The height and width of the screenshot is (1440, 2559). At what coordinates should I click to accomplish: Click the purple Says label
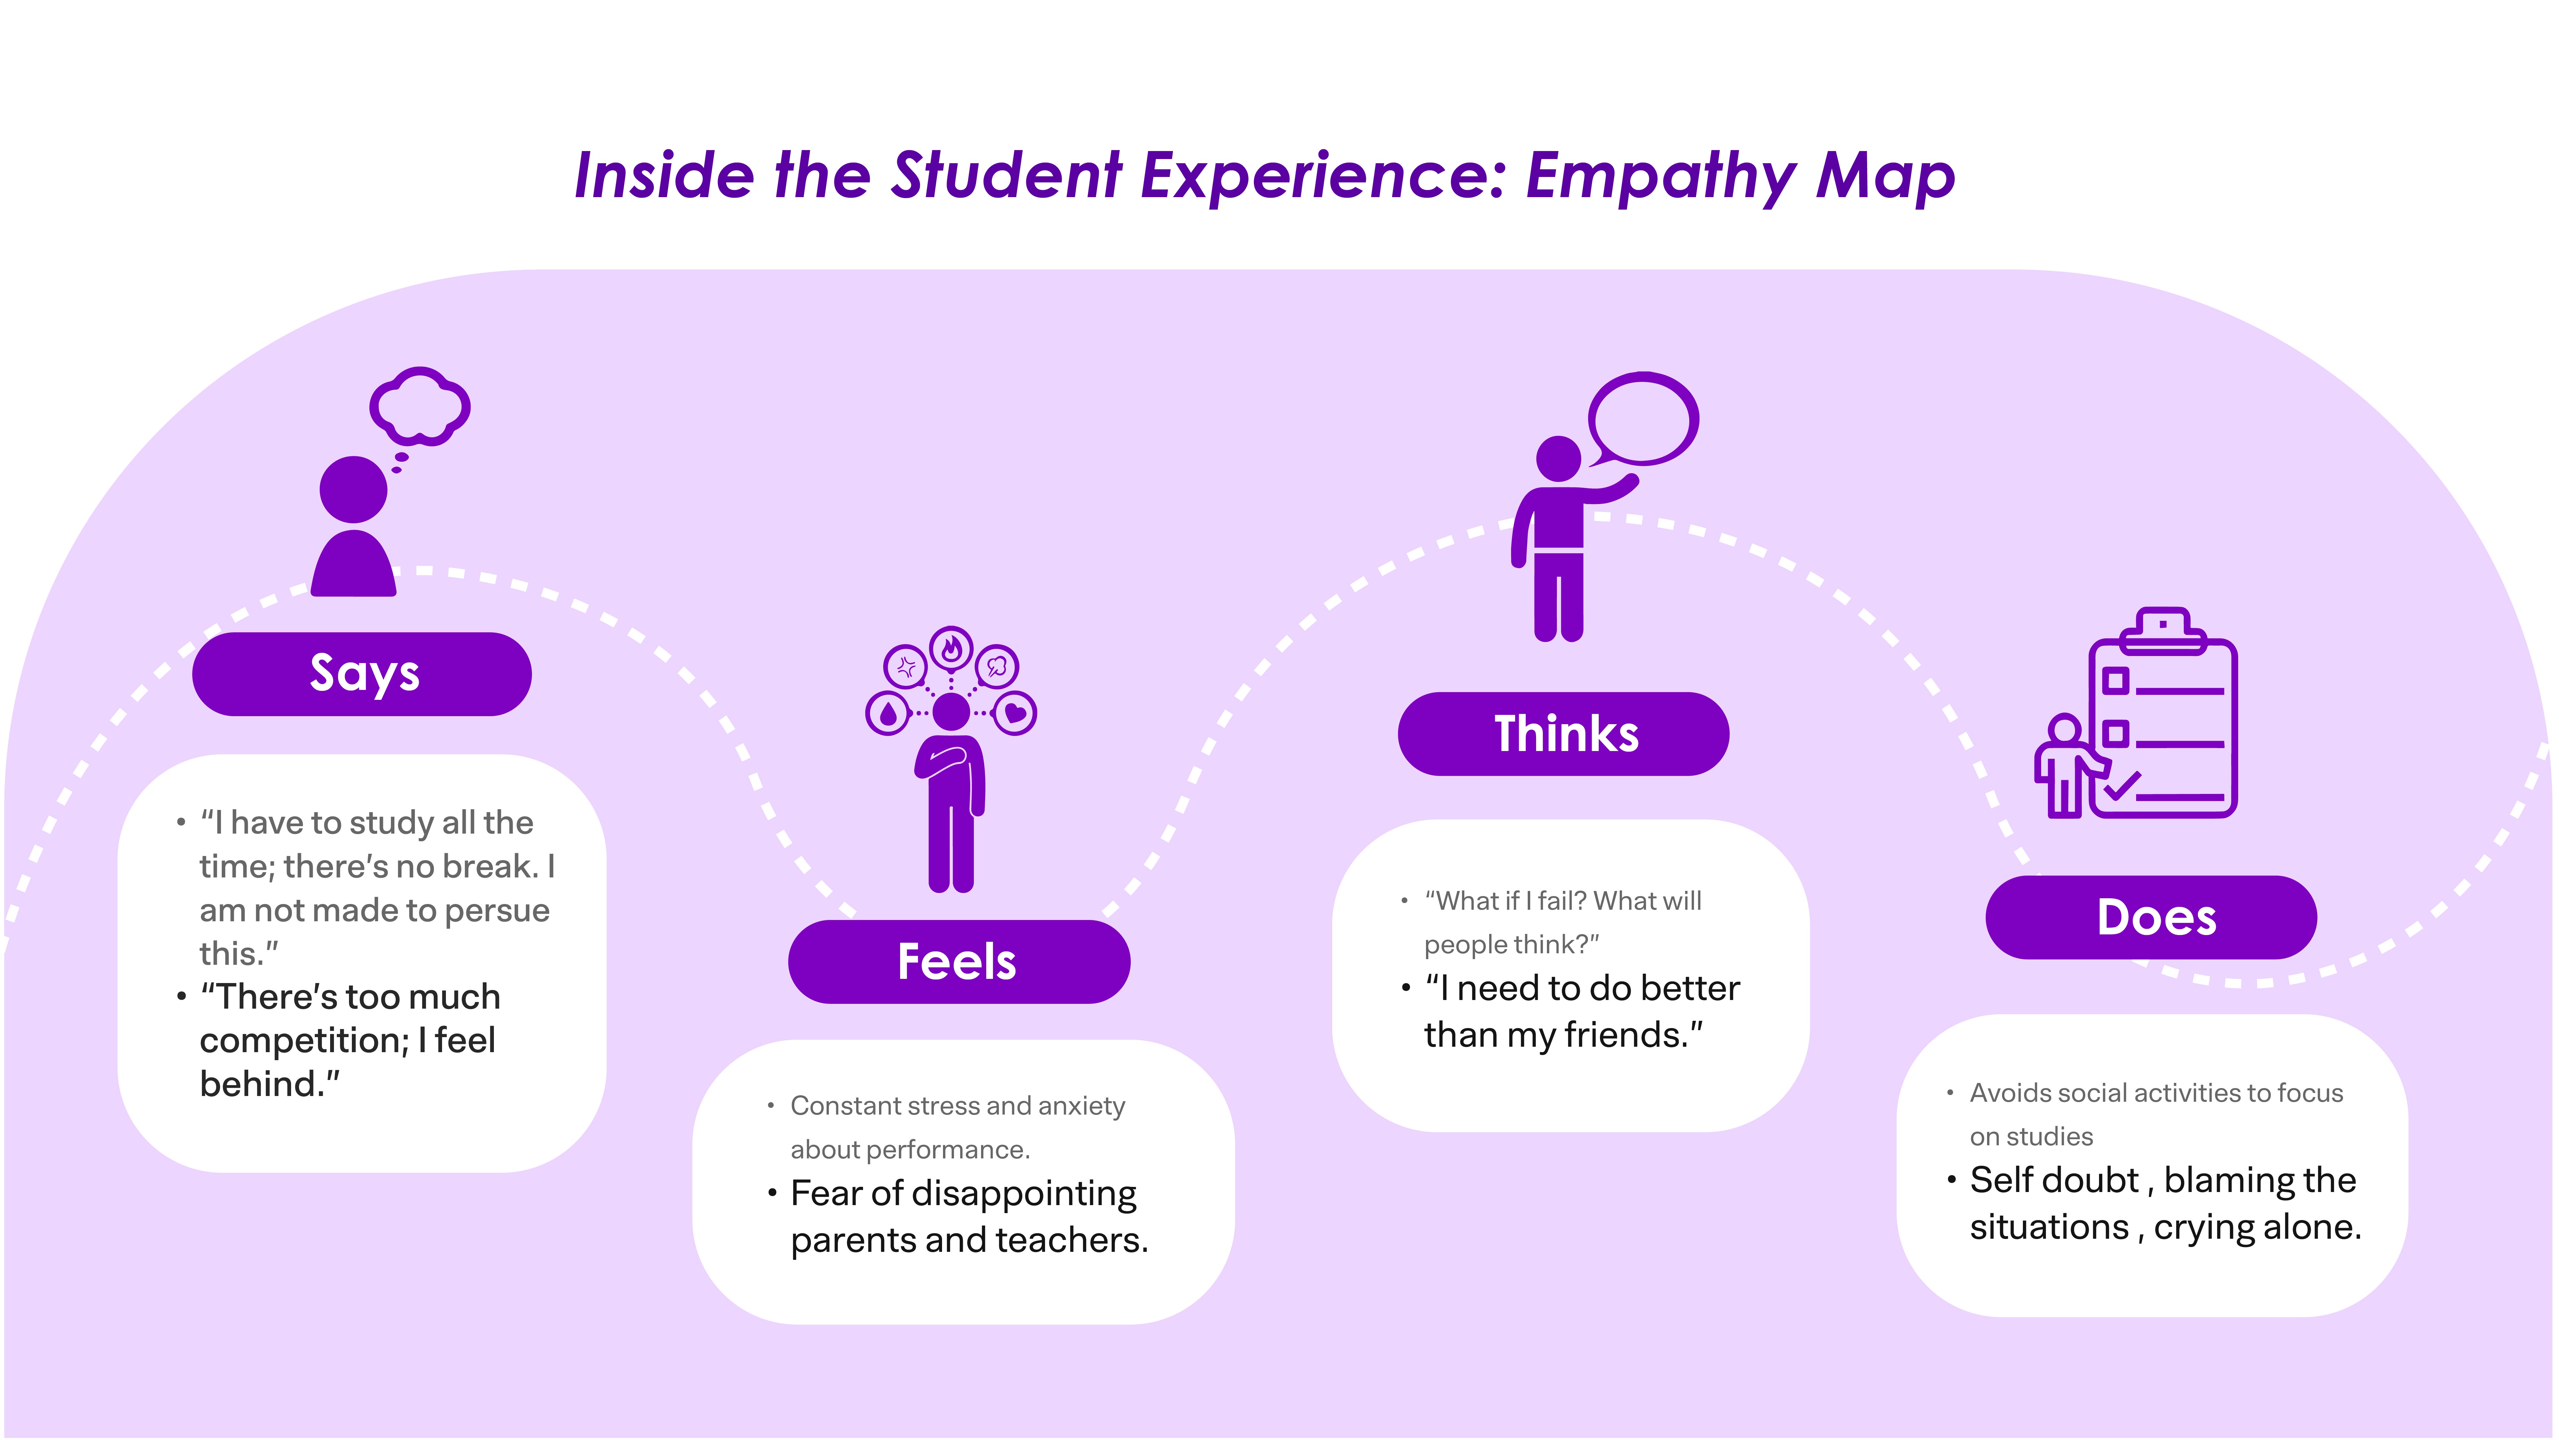(x=363, y=674)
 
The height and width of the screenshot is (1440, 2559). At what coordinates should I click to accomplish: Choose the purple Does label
(x=2152, y=917)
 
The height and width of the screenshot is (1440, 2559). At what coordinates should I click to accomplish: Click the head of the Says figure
(x=354, y=489)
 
